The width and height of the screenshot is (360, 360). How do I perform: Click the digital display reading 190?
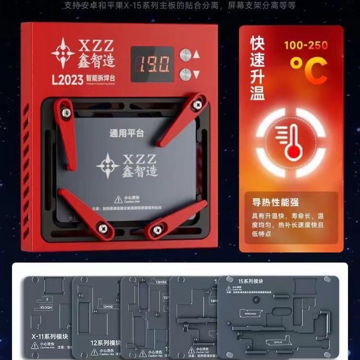152,65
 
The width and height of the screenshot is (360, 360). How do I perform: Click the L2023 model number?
67,80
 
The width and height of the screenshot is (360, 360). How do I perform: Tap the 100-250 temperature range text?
306,45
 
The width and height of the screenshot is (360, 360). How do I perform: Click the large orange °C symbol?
308,70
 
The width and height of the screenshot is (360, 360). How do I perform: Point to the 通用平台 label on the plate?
127,133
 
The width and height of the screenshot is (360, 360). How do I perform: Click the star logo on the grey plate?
108,166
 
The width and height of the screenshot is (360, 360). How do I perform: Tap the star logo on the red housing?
63,53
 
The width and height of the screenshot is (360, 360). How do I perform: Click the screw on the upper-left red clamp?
66,112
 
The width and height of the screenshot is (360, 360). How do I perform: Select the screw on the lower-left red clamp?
103,229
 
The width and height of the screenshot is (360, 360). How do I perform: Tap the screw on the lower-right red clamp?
156,230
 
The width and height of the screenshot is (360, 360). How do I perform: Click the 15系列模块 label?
251,281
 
